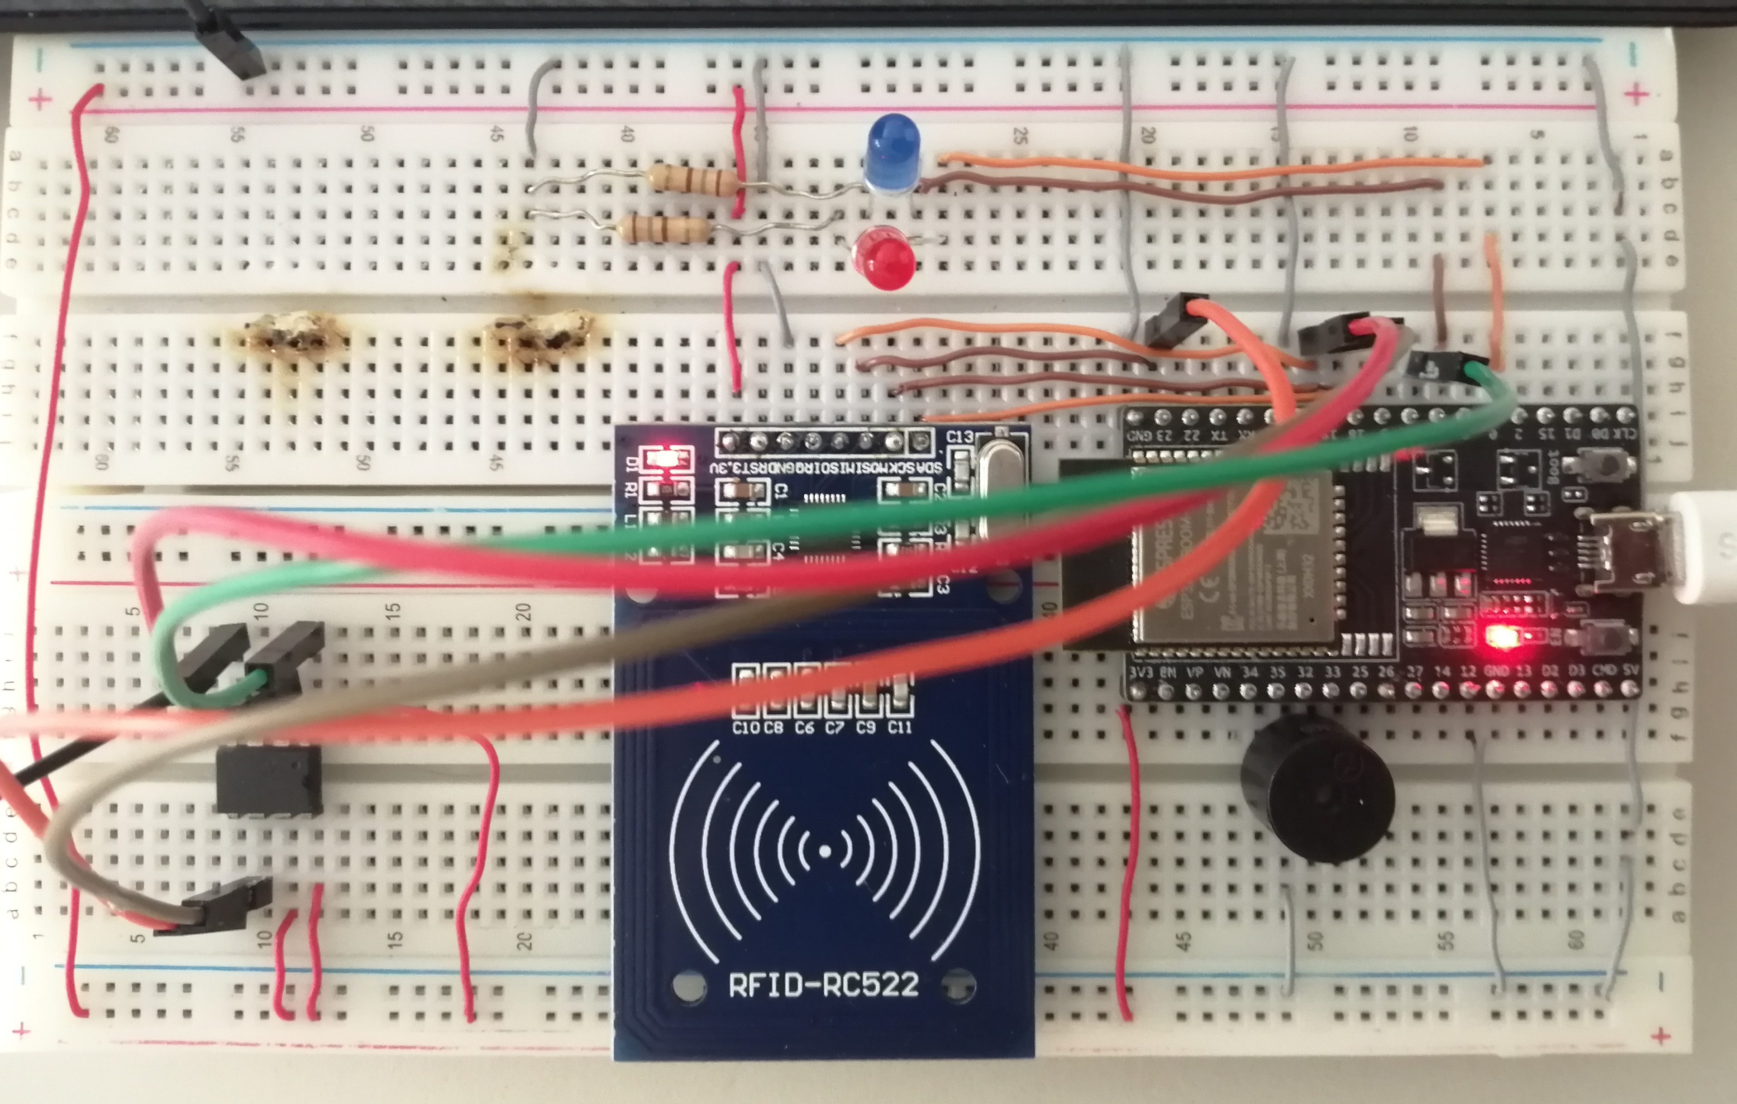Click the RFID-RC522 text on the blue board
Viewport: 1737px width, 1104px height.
point(824,984)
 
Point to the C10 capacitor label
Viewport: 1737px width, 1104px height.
point(744,727)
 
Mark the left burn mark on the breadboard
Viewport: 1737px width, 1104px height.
point(292,335)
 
